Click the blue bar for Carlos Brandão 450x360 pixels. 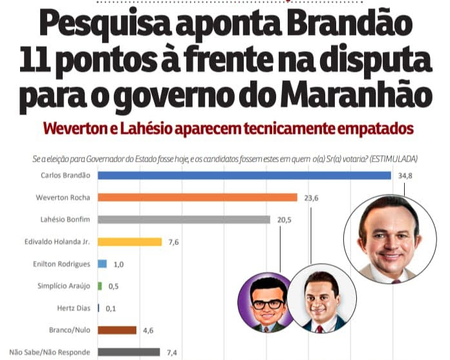[x=244, y=175]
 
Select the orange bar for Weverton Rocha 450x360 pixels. [x=197, y=197]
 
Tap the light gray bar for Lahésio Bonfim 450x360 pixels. [x=184, y=220]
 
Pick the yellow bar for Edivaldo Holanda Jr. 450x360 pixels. [x=130, y=242]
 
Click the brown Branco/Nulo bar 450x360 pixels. [x=117, y=330]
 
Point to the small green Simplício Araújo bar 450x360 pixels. [x=100, y=286]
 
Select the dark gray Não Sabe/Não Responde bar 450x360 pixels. [x=129, y=352]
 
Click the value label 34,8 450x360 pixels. [x=405, y=176]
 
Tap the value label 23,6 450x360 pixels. [x=312, y=198]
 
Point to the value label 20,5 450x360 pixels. [x=284, y=220]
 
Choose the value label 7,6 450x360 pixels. [x=174, y=242]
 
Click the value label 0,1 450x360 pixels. [x=111, y=309]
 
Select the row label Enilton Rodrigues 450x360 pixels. [x=61, y=264]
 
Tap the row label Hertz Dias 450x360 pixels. [x=74, y=308]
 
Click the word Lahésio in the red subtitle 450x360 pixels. [x=146, y=129]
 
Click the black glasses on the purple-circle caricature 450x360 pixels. [x=268, y=304]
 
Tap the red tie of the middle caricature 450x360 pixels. [x=319, y=329]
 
